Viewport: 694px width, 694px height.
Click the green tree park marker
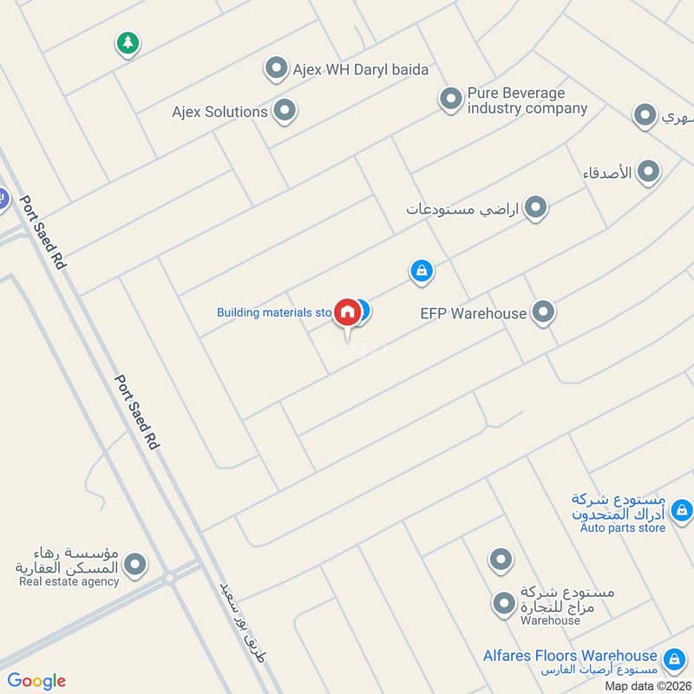pos(128,43)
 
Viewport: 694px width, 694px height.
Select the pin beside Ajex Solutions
pos(284,111)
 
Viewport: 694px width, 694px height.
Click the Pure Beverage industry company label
pos(527,101)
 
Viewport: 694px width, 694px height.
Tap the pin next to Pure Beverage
pos(450,100)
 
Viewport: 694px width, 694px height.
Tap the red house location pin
pos(347,313)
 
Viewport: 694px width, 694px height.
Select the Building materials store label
pos(274,312)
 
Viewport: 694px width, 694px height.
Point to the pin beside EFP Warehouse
pos(543,312)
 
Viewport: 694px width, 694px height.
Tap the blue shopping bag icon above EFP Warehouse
pos(421,272)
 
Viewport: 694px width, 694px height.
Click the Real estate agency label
pos(69,581)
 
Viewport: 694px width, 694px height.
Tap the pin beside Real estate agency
pos(134,566)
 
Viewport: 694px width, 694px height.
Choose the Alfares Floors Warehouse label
pos(570,656)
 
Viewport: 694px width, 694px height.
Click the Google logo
pos(36,681)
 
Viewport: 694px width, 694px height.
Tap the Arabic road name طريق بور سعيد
pos(242,627)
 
